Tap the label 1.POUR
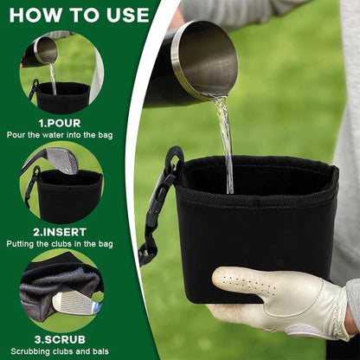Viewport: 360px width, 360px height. tap(60, 123)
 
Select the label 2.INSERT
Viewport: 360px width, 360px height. tap(60, 231)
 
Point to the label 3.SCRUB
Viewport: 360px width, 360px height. tap(60, 339)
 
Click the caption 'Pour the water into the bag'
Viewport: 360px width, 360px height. tap(60, 135)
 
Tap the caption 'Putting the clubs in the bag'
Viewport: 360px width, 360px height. tap(60, 243)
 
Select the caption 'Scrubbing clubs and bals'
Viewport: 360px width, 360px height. tap(60, 351)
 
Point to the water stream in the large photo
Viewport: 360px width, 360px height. tap(224, 138)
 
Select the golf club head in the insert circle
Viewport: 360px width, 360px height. tap(62, 160)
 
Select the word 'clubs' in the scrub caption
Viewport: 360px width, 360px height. tap(61, 351)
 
